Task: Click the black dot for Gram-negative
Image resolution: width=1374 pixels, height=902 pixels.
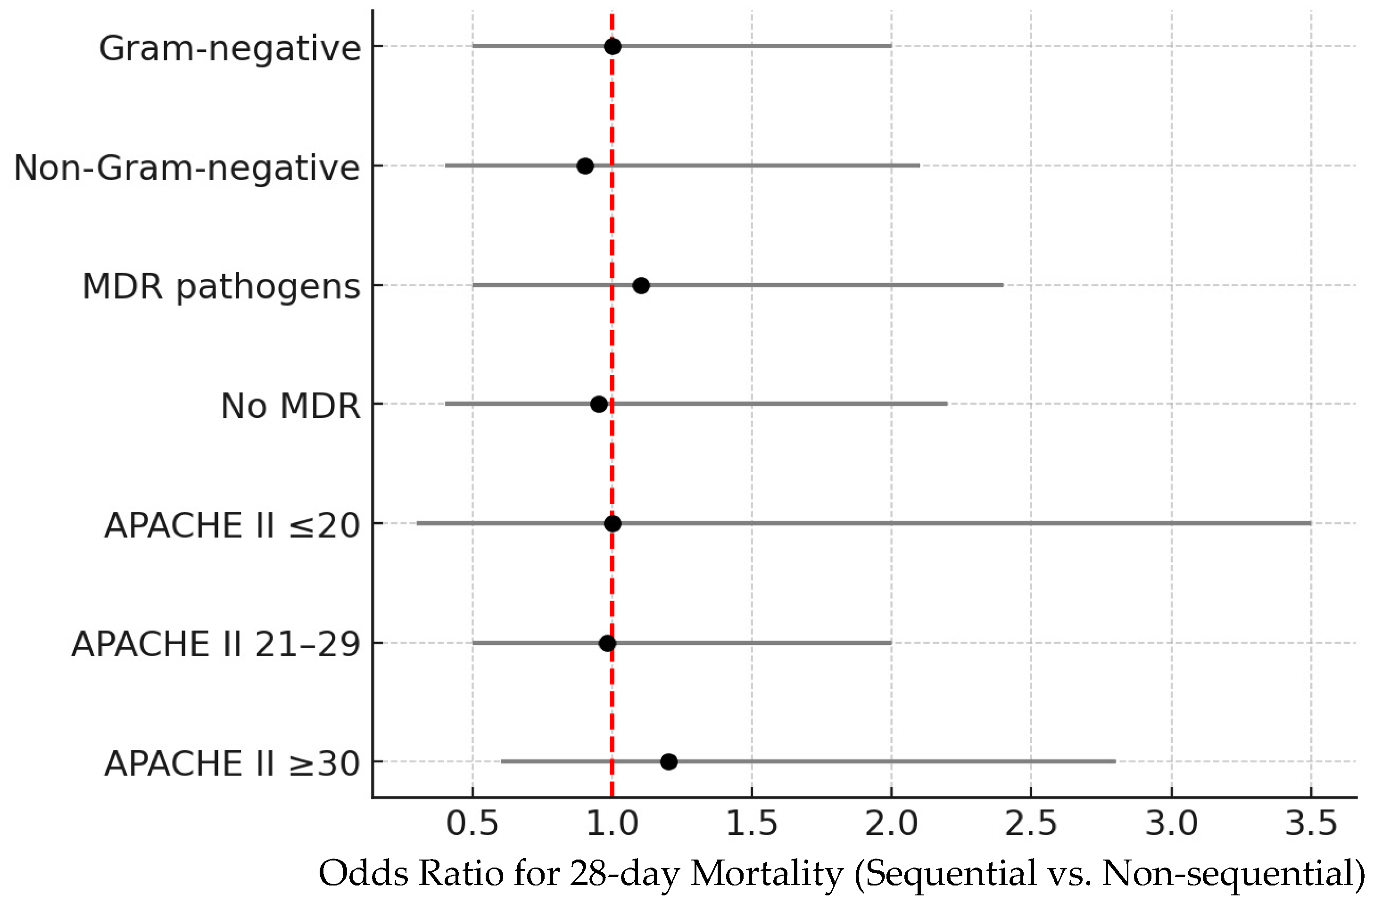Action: coord(613,46)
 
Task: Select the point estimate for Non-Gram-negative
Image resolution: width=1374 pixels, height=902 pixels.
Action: coord(585,166)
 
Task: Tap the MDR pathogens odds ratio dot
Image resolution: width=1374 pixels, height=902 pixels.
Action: coord(641,285)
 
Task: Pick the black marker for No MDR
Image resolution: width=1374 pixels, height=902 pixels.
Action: coord(599,404)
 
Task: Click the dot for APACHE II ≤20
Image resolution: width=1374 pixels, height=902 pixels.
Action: coord(613,524)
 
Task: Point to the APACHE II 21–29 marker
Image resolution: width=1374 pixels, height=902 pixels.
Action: coord(607,643)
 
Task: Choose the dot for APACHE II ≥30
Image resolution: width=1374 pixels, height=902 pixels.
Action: coord(669,762)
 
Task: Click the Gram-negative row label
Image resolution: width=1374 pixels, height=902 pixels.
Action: coord(230,49)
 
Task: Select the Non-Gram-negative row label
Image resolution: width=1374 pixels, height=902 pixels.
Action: coord(186,168)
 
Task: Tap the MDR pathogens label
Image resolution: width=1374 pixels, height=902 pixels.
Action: coord(221,287)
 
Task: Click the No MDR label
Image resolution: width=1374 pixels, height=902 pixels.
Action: coord(290,406)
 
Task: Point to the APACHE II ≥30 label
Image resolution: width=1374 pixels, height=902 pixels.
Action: coord(232,763)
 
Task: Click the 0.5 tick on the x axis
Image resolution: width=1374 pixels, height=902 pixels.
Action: coord(472,823)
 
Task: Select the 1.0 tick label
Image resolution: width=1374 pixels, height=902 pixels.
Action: coord(613,823)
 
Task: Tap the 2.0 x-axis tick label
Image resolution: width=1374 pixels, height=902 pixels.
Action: coord(891,823)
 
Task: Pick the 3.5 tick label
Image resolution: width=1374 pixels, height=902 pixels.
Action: coord(1311,823)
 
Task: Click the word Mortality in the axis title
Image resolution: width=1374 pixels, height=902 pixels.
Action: coord(767,874)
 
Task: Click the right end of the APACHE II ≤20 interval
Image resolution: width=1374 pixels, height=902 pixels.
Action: coord(1311,524)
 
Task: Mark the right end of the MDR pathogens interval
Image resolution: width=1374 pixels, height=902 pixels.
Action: coord(1003,285)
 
